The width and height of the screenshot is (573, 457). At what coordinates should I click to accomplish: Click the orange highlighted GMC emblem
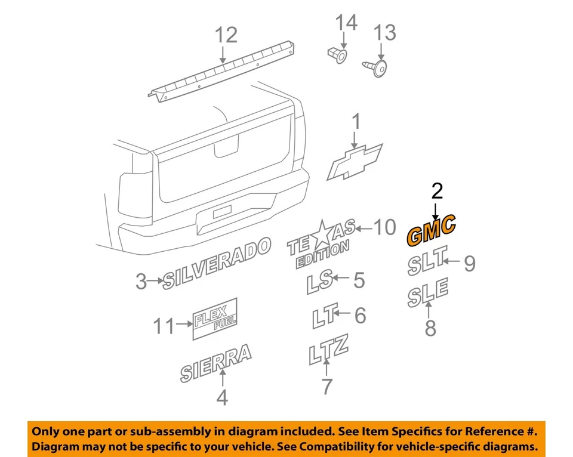pyautogui.click(x=431, y=230)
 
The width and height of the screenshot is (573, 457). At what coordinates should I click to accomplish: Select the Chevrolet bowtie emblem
pyautogui.click(x=355, y=161)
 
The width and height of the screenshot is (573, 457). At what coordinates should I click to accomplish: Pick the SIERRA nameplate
pyautogui.click(x=216, y=362)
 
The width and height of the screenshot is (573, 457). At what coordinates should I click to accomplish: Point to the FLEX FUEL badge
pyautogui.click(x=215, y=319)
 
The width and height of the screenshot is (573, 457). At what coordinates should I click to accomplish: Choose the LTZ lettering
pyautogui.click(x=328, y=350)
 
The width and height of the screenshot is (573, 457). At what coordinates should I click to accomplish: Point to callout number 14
pyautogui.click(x=346, y=23)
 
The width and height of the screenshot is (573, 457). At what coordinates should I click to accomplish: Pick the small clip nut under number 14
pyautogui.click(x=338, y=55)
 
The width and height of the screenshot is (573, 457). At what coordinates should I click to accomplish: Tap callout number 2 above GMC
pyautogui.click(x=437, y=191)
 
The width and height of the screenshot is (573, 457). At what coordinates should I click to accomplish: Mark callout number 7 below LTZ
pyautogui.click(x=327, y=387)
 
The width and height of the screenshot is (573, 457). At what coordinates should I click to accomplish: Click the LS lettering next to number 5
pyautogui.click(x=320, y=283)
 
